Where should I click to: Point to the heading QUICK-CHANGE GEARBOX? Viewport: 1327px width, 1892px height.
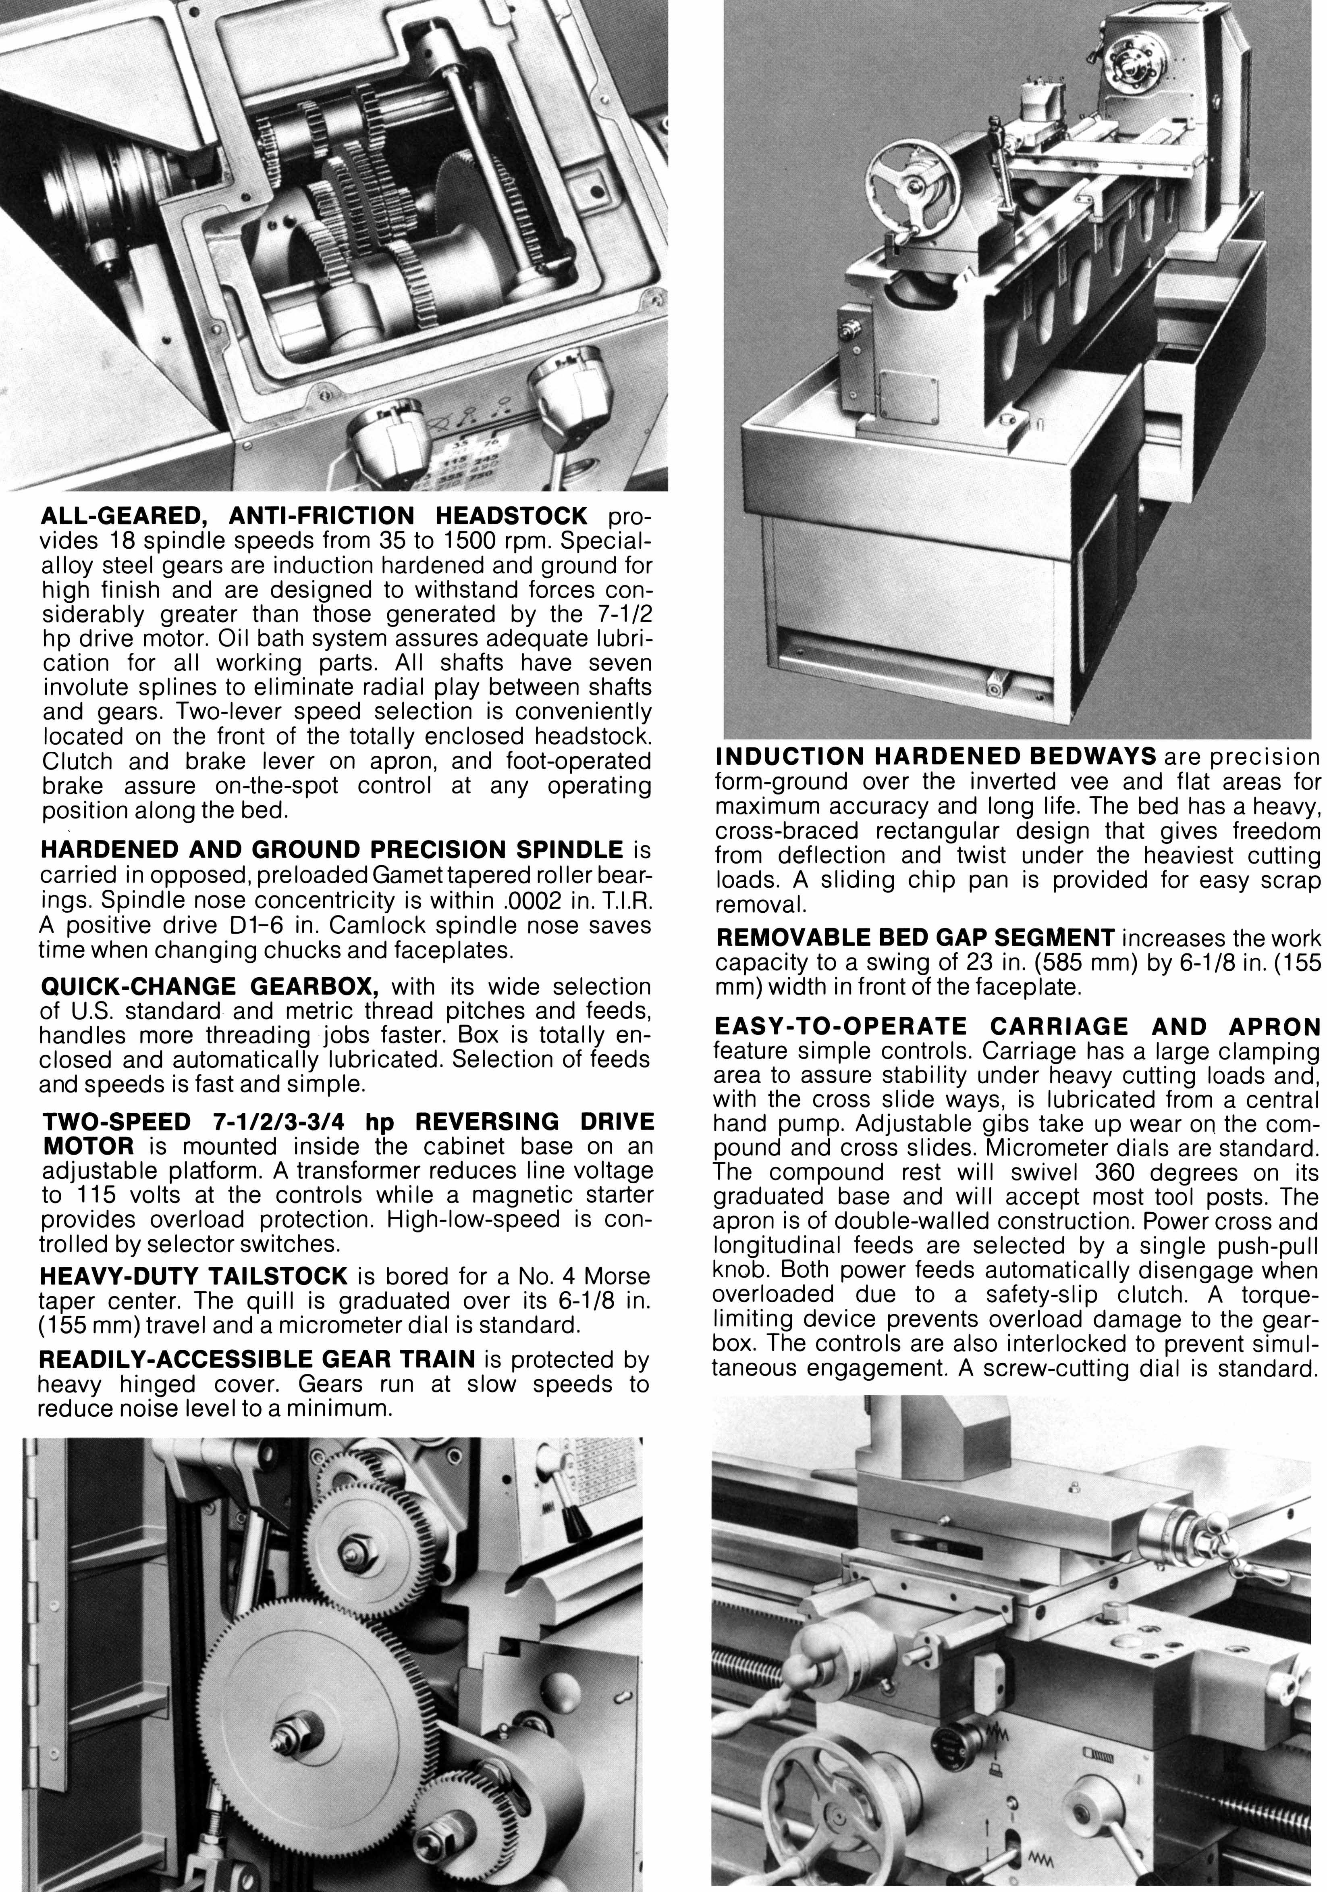point(209,987)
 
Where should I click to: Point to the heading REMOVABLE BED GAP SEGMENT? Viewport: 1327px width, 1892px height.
point(915,937)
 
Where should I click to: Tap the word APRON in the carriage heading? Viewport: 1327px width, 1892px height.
point(1273,1027)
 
